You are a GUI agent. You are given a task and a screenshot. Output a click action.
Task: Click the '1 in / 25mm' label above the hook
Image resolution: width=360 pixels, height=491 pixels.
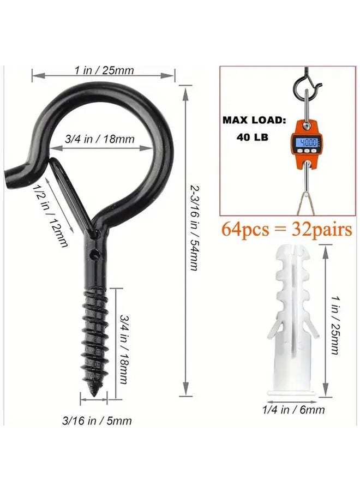[x=104, y=70]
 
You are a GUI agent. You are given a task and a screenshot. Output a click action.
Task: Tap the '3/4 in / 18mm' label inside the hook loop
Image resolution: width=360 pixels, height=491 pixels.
[x=100, y=139]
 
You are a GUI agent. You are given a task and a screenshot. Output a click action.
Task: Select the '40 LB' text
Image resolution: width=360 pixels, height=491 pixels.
[x=253, y=138]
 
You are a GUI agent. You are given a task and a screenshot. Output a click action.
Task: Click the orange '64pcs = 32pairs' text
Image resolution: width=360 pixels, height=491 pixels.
[x=286, y=230]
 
